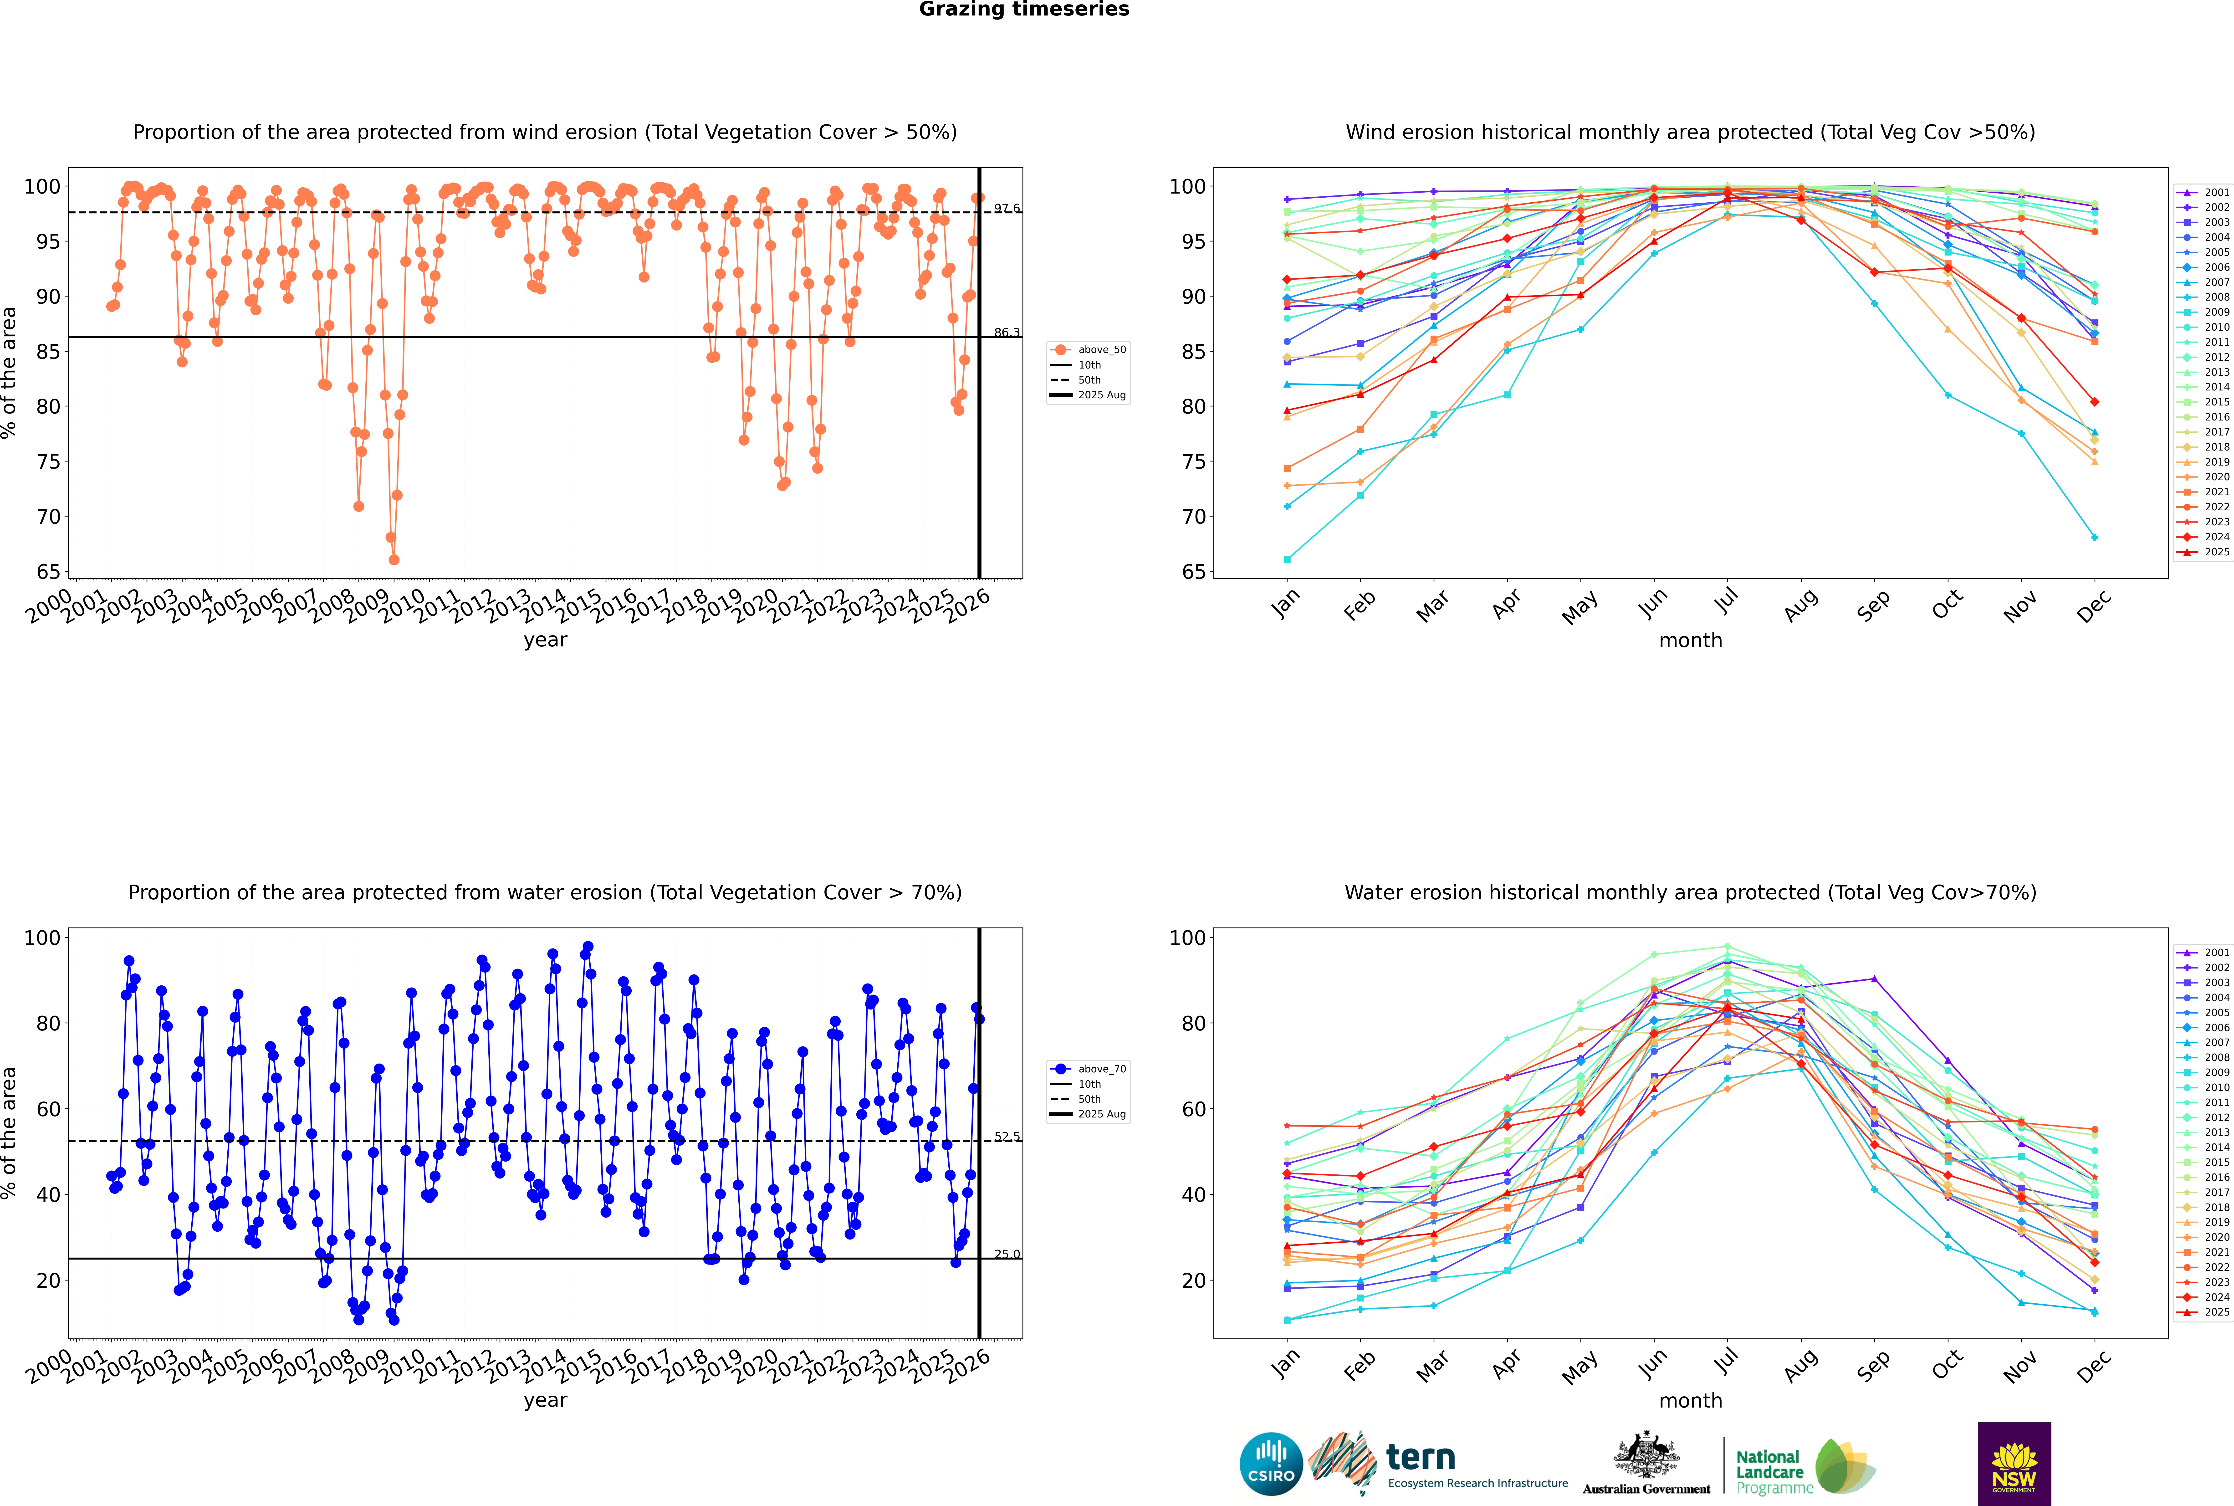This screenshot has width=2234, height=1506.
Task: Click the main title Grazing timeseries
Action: coord(1024,10)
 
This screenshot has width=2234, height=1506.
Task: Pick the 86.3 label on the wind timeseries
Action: coord(1007,332)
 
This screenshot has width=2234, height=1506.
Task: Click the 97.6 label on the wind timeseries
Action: coord(1007,208)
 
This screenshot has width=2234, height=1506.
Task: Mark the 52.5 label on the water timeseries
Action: coord(1007,1136)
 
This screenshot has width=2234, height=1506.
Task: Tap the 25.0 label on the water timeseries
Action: coord(1007,1254)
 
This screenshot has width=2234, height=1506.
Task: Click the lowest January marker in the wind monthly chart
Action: coord(1287,559)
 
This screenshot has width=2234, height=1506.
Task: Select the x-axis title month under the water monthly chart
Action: coord(1690,1400)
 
